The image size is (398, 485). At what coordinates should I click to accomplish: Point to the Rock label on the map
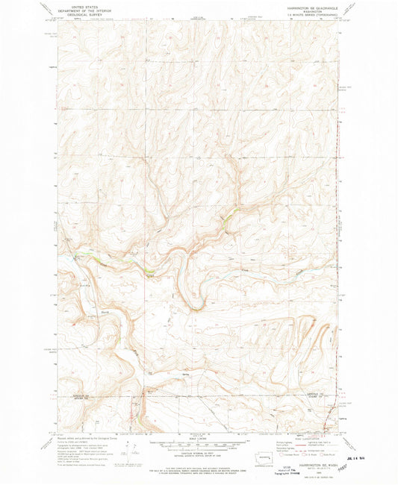pyautogui.click(x=93, y=311)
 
